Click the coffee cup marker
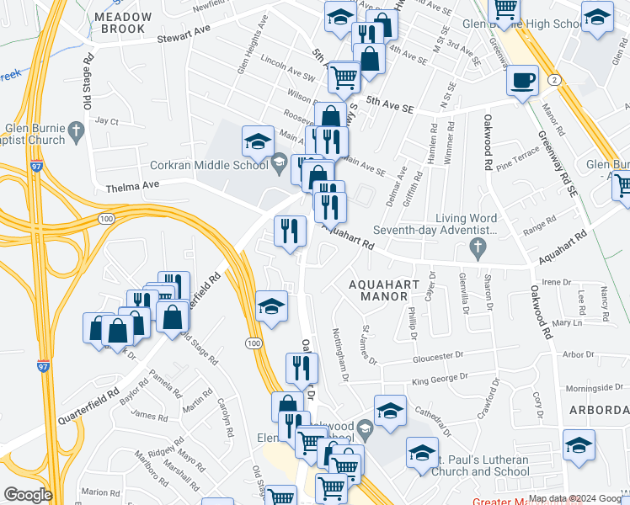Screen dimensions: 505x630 pyautogui.click(x=522, y=81)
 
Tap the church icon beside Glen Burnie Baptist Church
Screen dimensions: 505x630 pyautogui.click(x=77, y=131)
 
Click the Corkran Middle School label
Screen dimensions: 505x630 pyautogui.click(x=211, y=165)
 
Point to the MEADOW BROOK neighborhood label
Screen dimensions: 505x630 pyautogui.click(x=123, y=23)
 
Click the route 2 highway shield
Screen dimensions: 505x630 pyautogui.click(x=554, y=79)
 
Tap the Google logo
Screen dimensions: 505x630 pyautogui.click(x=28, y=494)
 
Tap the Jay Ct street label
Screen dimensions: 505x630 pyautogui.click(x=107, y=121)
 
